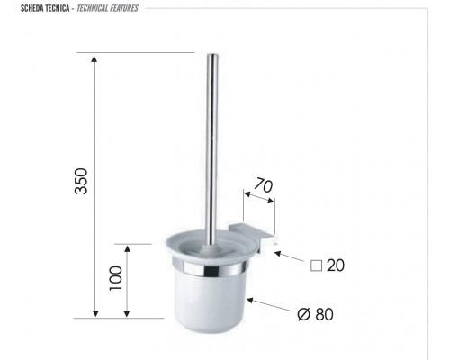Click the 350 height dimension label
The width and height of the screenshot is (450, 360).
click(x=81, y=181)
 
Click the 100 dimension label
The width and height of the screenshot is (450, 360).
click(x=116, y=278)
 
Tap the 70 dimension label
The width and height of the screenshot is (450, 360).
click(x=264, y=185)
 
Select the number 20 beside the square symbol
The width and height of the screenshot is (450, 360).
click(x=336, y=265)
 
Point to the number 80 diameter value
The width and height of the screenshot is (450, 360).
click(x=324, y=314)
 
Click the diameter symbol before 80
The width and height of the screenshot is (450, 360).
click(x=303, y=314)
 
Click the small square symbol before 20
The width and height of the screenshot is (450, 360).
click(x=316, y=265)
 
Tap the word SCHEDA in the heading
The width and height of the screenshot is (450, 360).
click(x=32, y=8)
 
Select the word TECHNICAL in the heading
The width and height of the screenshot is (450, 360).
click(x=92, y=8)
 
